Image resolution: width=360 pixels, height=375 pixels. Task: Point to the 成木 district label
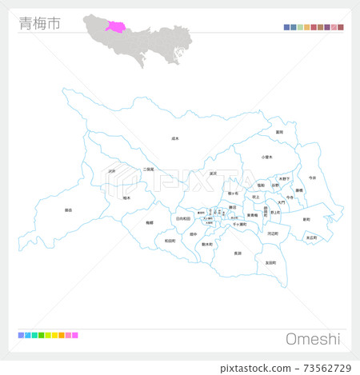tap(175, 138)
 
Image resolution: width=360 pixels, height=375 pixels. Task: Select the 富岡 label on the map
tap(279, 132)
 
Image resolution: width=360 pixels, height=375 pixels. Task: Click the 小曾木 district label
tap(267, 158)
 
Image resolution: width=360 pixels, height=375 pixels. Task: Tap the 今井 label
tap(312, 177)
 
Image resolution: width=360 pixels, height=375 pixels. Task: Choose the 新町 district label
tap(306, 218)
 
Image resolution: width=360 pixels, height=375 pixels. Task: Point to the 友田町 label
tap(270, 262)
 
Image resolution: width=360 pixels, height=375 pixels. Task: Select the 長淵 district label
tap(237, 253)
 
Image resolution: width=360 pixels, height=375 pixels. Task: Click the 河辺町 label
tap(273, 233)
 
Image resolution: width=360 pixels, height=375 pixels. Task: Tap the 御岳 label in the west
tap(68, 210)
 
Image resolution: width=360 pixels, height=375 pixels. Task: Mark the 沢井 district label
tap(112, 170)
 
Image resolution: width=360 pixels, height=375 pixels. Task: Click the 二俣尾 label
tap(148, 170)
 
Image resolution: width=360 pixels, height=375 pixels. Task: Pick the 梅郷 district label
tap(150, 223)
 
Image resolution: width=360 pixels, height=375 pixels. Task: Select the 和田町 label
tap(170, 240)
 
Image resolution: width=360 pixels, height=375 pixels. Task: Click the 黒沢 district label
tap(213, 174)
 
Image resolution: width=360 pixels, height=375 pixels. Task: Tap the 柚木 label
tap(126, 197)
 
